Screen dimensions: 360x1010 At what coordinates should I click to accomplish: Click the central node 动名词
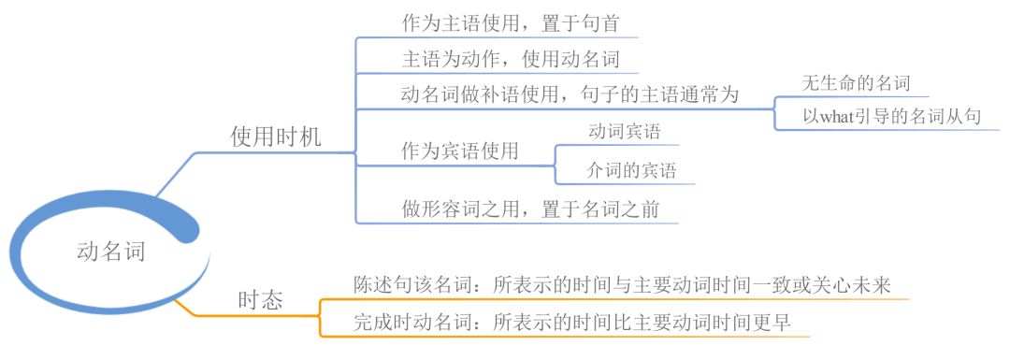110,252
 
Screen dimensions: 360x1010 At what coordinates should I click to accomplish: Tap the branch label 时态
261,301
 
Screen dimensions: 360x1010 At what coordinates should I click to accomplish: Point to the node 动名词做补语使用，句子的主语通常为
570,95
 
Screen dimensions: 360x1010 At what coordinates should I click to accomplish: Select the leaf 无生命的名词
856,82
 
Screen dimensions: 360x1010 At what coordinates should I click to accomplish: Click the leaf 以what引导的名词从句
891,117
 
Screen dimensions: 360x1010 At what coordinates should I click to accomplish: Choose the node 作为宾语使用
460,151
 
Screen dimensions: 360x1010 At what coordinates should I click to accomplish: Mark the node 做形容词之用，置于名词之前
530,209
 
